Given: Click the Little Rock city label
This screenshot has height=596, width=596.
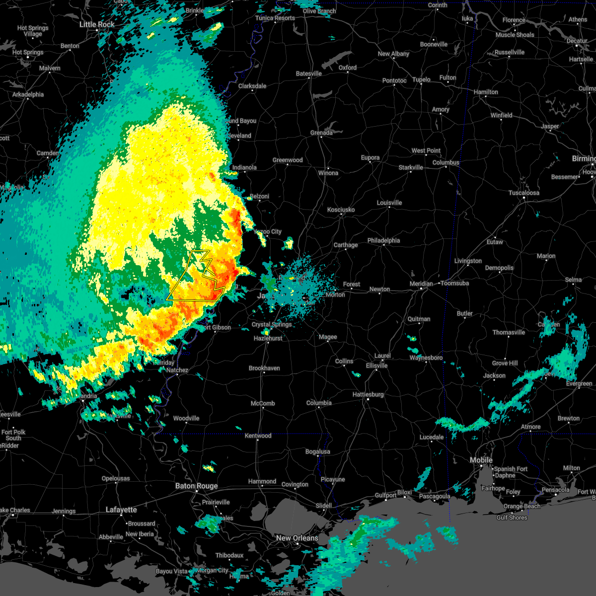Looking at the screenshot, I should tap(97, 24).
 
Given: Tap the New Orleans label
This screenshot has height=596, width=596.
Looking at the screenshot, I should tap(297, 538).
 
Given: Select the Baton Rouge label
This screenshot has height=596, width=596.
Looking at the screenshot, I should tap(196, 486).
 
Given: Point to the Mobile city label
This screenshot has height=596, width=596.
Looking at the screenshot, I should tap(481, 460).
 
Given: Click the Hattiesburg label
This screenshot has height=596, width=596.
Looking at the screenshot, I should tap(368, 394).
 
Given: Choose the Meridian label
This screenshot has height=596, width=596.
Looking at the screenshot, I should tap(421, 284).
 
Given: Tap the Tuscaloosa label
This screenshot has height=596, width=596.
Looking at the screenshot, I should tap(524, 193).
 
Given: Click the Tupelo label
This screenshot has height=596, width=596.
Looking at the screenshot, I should tap(421, 79).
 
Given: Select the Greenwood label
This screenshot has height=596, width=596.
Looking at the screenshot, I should tap(288, 160).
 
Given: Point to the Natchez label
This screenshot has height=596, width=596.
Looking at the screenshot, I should tap(177, 370).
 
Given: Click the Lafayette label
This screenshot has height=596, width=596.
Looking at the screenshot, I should tap(121, 510).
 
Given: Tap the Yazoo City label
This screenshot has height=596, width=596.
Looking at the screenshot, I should tap(268, 231).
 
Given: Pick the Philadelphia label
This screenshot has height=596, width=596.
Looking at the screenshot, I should tap(383, 240).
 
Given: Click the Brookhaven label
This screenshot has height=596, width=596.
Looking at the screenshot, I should tap(264, 368).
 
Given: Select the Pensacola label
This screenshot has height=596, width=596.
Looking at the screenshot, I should tap(555, 490).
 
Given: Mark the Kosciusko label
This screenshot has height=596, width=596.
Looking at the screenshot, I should tap(341, 210).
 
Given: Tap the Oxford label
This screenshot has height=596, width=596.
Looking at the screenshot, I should tap(348, 68).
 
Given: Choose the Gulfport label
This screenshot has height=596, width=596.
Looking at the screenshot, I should tap(385, 495).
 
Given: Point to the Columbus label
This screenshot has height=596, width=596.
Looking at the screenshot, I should tap(446, 162).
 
